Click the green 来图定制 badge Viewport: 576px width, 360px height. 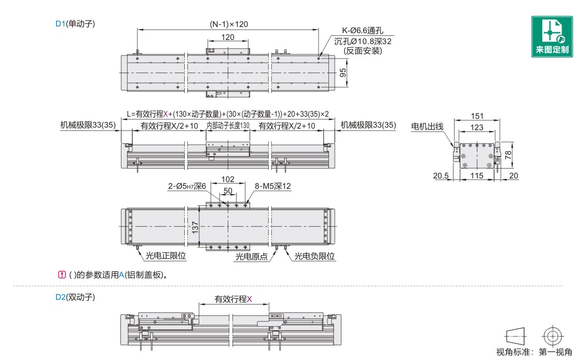coord(552,36)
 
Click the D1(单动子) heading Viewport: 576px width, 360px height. coord(75,23)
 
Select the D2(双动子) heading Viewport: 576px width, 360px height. coord(75,298)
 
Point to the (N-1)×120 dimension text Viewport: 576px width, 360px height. coord(229,24)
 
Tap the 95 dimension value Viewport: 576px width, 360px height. coord(343,73)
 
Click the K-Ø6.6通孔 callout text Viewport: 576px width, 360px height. coord(362,32)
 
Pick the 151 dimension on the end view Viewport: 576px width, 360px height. coord(477,116)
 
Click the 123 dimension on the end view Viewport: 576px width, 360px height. coord(477,127)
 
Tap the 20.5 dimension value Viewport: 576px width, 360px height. coord(441,176)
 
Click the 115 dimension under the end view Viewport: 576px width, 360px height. coord(476,176)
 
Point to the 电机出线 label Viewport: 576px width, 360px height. coord(427,126)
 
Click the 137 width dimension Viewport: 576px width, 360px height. coord(195,227)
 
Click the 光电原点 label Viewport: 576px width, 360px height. coord(251,256)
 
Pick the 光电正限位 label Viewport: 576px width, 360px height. coord(166,256)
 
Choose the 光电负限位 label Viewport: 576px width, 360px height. coord(315,256)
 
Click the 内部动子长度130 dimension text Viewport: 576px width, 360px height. coord(228,126)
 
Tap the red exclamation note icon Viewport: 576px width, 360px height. coord(62,274)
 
